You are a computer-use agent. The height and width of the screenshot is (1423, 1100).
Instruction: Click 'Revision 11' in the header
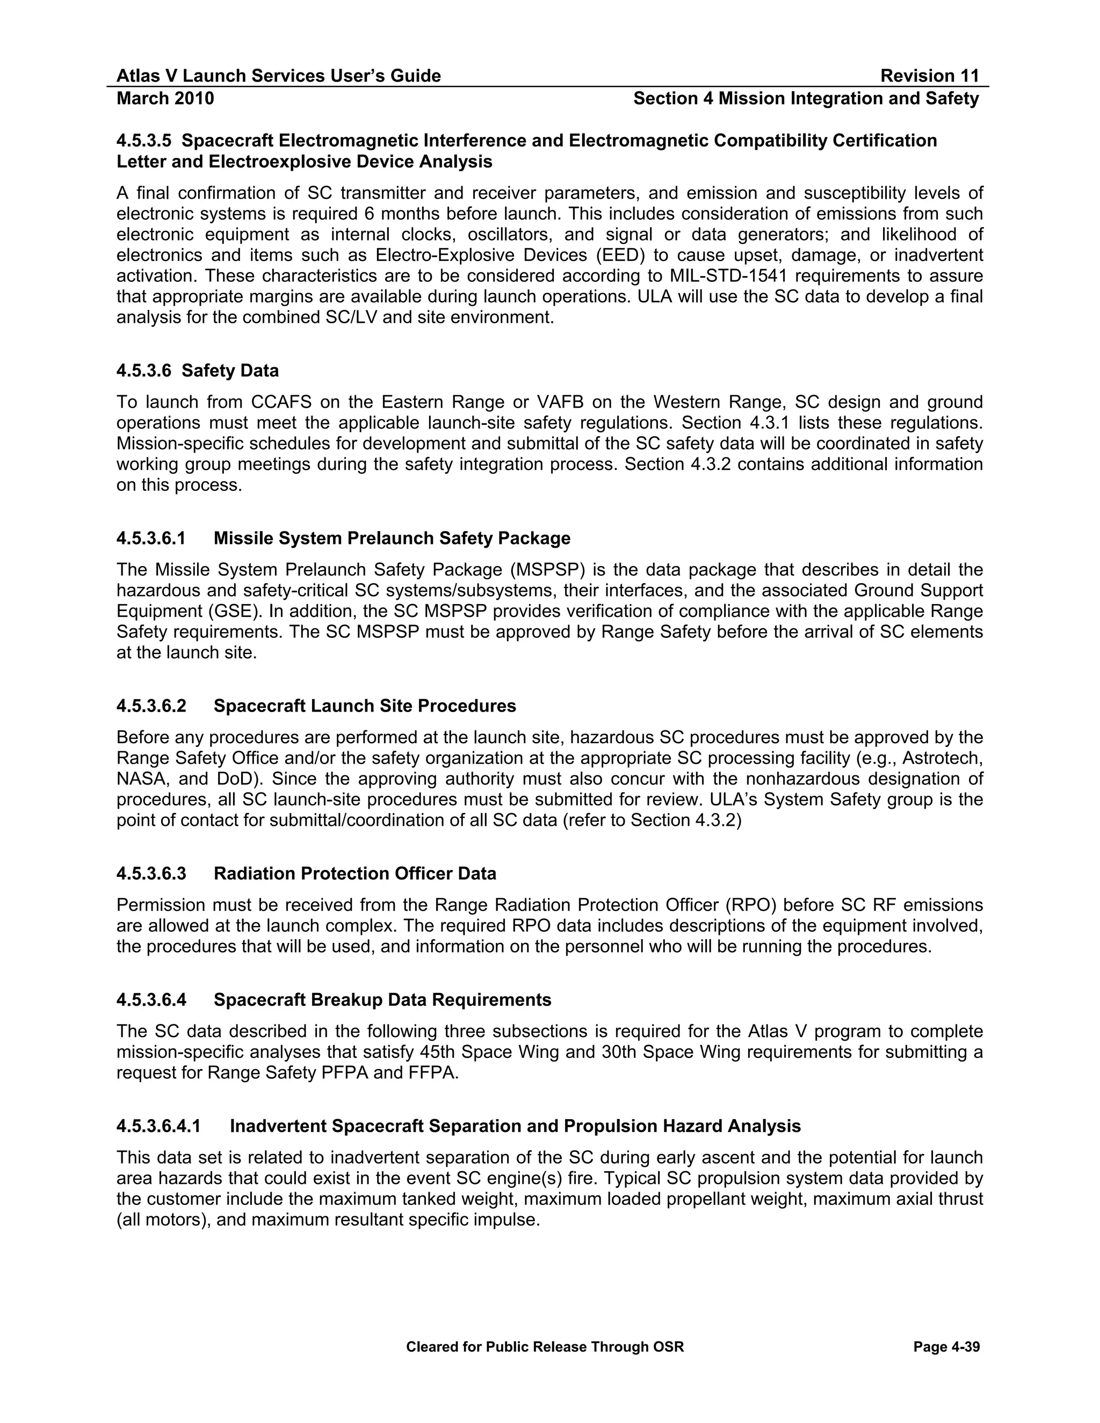click(929, 76)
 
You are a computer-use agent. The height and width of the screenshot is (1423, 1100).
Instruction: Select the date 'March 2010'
click(165, 98)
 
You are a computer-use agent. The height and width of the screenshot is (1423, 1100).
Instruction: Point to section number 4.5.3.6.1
click(151, 538)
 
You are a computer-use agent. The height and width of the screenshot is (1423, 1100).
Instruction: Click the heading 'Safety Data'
click(230, 371)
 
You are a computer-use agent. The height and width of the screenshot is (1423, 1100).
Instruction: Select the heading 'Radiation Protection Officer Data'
click(354, 874)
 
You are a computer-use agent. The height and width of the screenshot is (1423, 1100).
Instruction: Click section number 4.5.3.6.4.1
click(158, 1126)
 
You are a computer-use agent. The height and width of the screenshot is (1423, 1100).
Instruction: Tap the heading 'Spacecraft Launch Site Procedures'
click(364, 706)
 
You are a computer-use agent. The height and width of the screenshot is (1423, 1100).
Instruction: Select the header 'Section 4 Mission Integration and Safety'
click(806, 98)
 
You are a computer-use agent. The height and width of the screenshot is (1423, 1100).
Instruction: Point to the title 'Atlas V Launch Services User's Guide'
click(278, 76)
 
